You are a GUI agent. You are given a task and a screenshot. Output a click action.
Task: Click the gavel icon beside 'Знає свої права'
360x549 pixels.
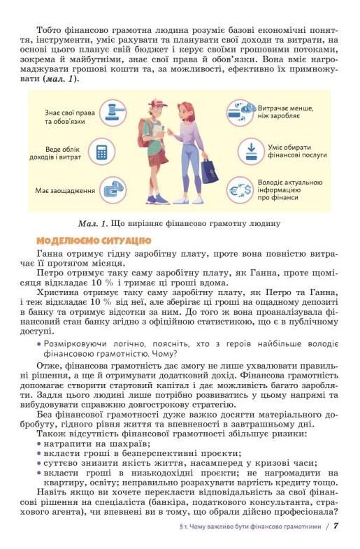pyautogui.click(x=109, y=113)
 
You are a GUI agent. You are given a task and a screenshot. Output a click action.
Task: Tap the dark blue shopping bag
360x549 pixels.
pyautogui.click(x=209, y=170)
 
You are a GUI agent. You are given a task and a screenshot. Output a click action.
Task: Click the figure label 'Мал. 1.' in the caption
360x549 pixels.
pyautogui.click(x=94, y=224)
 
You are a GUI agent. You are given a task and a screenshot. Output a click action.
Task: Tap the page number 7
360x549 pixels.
pyautogui.click(x=336, y=526)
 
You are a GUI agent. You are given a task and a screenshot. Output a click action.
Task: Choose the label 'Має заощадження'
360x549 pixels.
pyautogui.click(x=65, y=190)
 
